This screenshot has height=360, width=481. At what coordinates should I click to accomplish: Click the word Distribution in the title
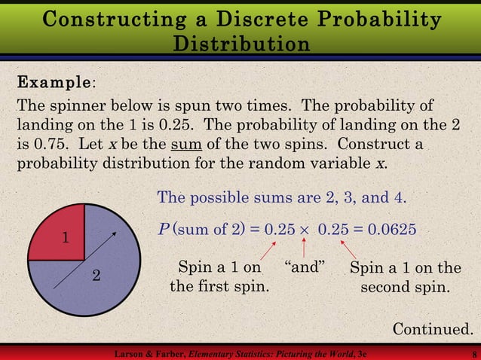pos(240,43)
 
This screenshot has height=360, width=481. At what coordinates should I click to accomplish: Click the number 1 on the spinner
pos(66,239)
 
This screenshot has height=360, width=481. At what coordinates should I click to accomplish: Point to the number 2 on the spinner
pos(96,276)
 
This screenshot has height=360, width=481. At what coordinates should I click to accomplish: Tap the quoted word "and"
pos(304,267)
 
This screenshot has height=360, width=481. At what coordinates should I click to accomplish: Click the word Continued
pos(434,328)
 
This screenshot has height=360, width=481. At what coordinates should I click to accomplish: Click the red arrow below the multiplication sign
pos(304,246)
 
